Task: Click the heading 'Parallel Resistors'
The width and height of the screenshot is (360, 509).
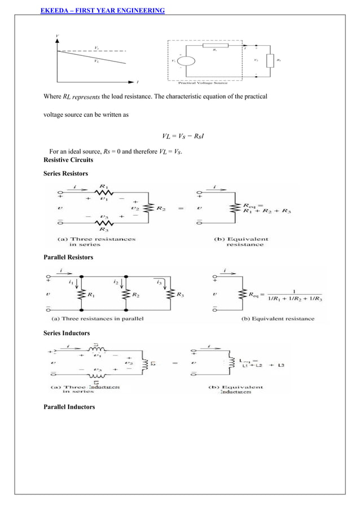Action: pos(68,257)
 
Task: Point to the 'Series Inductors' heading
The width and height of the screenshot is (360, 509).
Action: pos(67,334)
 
